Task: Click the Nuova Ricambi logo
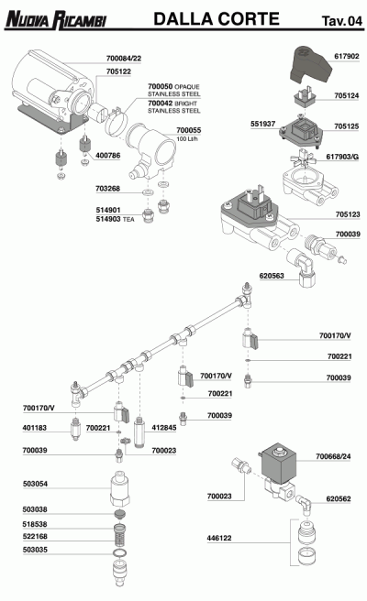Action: [x=56, y=20]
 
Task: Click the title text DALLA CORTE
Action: [x=217, y=18]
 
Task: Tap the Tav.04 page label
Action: [x=342, y=21]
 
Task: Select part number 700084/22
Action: [x=124, y=59]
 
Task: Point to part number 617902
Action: [x=347, y=56]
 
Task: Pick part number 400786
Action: [x=108, y=155]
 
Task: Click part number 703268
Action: [x=108, y=188]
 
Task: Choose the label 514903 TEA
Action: [x=116, y=219]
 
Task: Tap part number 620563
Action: [x=272, y=276]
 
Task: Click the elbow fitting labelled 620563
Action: [x=303, y=267]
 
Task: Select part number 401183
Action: [x=35, y=427]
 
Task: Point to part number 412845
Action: [x=164, y=427]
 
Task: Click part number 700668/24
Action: [x=333, y=456]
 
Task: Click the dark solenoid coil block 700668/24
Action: [x=279, y=463]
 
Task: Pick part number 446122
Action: [x=219, y=538]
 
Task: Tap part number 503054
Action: [x=35, y=484]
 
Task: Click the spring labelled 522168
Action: [x=121, y=534]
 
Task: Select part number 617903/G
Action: [x=342, y=157]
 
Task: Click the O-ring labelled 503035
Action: [x=120, y=552]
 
